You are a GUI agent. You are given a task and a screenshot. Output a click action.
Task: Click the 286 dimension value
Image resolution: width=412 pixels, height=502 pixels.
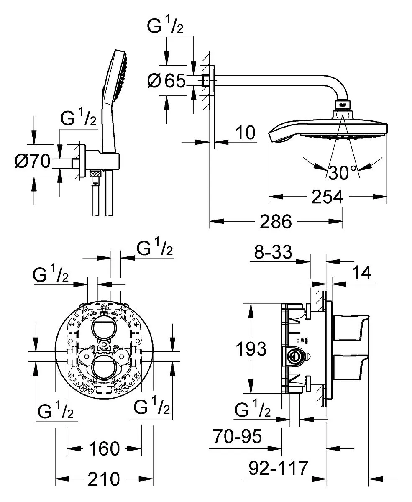coord(276,222)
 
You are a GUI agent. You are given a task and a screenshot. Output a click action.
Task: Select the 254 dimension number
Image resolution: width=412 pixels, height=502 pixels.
coord(327,196)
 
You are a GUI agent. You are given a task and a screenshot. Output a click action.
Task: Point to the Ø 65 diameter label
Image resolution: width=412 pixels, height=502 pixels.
coord(166,80)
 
